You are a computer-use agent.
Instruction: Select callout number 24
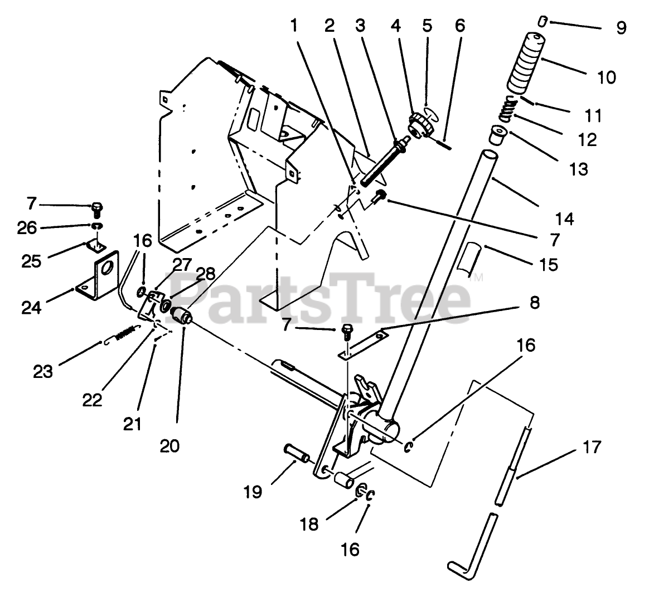point(31,306)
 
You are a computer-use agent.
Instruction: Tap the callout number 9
point(621,28)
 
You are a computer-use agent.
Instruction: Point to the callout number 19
point(253,492)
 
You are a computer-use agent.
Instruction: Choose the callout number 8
point(534,303)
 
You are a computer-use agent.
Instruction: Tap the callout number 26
point(31,227)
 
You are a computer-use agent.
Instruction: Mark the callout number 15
point(549,264)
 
